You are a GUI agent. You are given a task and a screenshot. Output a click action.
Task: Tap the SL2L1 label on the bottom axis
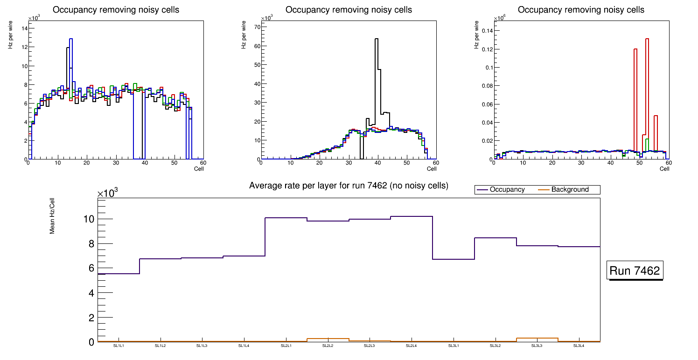tap(286, 346)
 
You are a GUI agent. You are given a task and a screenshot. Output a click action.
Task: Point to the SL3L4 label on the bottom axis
tap(579, 346)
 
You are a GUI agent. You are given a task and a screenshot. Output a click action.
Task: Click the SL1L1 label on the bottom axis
tap(119, 346)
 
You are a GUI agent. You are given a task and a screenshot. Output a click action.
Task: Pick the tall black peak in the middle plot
tap(376, 39)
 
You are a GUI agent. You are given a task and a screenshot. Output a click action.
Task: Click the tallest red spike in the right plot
tap(647, 39)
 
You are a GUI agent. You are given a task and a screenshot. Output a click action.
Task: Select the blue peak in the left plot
tap(71, 39)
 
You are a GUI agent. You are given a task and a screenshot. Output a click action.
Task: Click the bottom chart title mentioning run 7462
tap(349, 186)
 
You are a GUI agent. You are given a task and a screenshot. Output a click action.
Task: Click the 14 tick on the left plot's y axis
tap(24, 28)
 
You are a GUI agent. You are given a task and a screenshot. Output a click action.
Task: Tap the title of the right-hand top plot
tap(581, 10)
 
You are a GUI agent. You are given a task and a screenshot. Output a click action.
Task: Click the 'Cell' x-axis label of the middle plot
tap(431, 168)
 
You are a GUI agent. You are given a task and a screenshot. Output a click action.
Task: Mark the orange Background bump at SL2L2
tap(328, 339)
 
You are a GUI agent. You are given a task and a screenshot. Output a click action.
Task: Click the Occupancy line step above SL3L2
tap(496, 238)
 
